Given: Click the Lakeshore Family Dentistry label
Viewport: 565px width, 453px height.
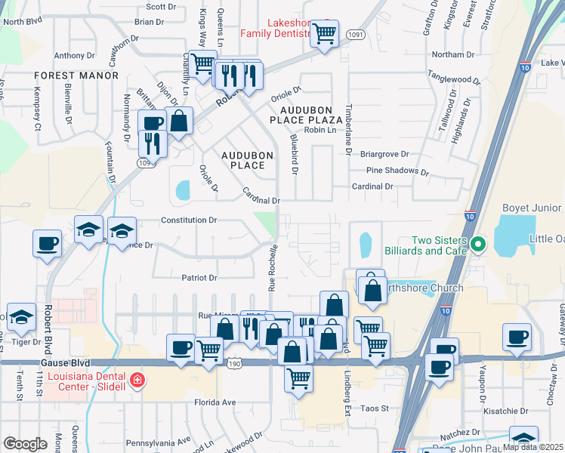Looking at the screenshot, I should [x=276, y=28].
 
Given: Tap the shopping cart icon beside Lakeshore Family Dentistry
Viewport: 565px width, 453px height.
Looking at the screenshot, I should [x=324, y=34].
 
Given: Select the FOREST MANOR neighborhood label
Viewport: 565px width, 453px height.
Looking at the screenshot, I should [x=76, y=75].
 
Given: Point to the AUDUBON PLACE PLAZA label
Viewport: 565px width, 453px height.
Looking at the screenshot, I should [x=307, y=115].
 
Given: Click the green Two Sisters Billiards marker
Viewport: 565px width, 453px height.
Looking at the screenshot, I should [x=478, y=245].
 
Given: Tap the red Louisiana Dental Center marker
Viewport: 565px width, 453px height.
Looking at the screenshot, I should [x=136, y=379].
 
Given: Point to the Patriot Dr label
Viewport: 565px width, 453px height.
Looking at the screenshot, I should [x=199, y=278].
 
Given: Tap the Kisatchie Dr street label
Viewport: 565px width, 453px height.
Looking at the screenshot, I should [x=506, y=411].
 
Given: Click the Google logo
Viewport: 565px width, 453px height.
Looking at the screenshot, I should [x=25, y=443].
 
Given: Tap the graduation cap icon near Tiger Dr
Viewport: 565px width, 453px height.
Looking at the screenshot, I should [x=21, y=319].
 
